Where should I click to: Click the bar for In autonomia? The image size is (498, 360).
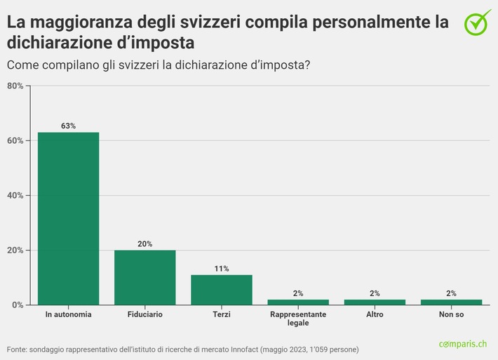click(x=68, y=218)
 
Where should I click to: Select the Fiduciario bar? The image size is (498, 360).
click(x=145, y=277)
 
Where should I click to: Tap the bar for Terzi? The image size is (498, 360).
click(x=222, y=289)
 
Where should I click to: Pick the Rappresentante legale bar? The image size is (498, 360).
click(x=298, y=302)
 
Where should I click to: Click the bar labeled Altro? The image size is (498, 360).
click(x=375, y=302)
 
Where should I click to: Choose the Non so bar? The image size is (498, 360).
click(x=451, y=302)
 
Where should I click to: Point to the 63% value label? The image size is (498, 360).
click(x=68, y=126)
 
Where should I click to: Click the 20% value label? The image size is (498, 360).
click(x=145, y=244)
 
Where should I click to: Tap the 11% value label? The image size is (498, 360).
click(x=222, y=268)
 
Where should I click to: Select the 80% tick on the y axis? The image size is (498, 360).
click(x=15, y=86)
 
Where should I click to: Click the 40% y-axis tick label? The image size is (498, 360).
click(x=15, y=195)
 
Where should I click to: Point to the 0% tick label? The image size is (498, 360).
click(x=17, y=305)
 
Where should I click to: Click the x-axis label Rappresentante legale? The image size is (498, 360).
click(x=298, y=319)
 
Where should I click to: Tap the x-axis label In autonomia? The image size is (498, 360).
click(x=68, y=314)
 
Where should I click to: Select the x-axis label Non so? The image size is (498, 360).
click(x=451, y=314)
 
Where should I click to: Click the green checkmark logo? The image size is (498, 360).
click(x=478, y=22)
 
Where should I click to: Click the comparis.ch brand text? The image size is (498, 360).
click(x=462, y=344)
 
